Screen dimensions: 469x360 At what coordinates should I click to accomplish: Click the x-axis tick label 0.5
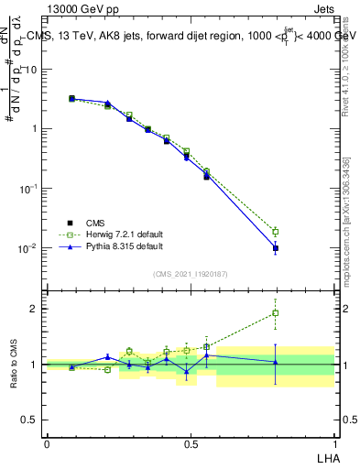coord(191,442)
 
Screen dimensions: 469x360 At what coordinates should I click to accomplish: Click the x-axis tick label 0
coord(47,442)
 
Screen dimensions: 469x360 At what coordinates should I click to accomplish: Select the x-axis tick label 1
coord(333,442)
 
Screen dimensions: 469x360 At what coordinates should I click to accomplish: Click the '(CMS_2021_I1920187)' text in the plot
coord(190,273)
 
